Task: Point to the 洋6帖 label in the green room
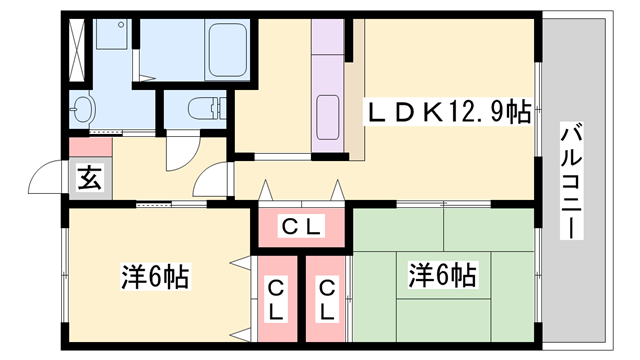click(441, 273)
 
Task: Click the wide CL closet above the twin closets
click(300, 228)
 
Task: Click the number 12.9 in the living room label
click(475, 113)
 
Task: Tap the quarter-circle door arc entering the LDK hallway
click(215, 181)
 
